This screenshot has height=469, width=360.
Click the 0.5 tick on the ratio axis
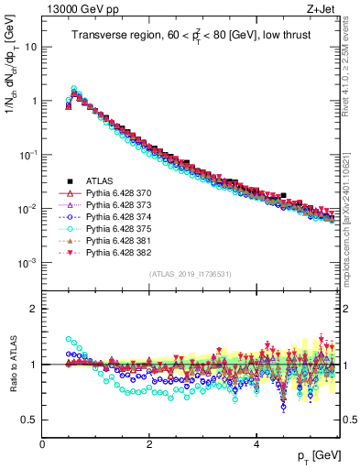click(x=29, y=420)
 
